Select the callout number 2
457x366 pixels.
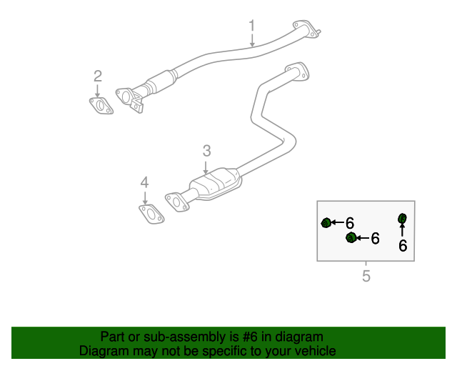pos(98,76)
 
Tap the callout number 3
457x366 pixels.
pos(206,150)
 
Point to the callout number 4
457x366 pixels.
pos(144,183)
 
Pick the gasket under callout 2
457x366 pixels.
pos(101,107)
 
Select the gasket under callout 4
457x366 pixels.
pos(149,214)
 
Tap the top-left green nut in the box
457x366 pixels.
pos(326,223)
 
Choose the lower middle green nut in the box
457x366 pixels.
pos(351,237)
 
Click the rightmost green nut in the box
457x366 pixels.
pos(402,218)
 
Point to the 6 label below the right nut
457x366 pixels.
pos(403,246)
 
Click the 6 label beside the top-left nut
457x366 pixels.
pos(350,223)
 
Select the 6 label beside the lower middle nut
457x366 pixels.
pos(375,238)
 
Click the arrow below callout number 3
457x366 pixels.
pos(206,167)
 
